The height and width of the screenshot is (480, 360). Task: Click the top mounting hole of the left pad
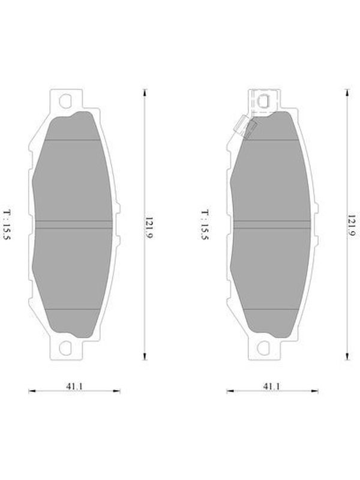65,101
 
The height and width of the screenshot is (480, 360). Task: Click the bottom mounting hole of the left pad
65,349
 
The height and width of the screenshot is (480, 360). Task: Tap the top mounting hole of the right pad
263,101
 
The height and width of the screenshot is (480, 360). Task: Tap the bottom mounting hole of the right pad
263,349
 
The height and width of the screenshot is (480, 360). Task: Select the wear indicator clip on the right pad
245,127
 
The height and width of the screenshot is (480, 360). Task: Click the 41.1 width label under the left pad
74,386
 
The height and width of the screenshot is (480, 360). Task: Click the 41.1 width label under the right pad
272,386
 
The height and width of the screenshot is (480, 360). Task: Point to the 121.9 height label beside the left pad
149,228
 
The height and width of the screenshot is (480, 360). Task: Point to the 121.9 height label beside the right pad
352,224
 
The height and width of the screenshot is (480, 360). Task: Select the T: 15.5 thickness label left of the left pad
7,224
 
